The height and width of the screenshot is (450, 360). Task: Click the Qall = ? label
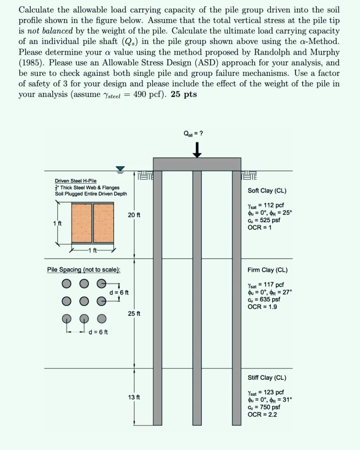193,134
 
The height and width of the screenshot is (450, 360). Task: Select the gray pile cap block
197,164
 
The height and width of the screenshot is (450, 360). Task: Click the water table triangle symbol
121,170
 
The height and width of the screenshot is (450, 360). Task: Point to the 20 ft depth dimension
134,215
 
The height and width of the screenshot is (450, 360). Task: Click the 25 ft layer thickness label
134,313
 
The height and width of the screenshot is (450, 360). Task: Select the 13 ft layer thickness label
134,397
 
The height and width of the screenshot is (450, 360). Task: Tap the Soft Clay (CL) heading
267,191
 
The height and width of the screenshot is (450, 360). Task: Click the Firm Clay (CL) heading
267,270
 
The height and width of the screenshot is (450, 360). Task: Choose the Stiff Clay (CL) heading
267,378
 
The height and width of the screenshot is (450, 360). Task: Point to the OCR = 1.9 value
262,307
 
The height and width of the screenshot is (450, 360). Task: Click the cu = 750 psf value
264,407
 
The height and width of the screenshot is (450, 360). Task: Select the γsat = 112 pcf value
266,205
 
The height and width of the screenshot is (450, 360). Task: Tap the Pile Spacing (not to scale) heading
84,270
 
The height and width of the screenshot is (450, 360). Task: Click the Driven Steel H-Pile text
76,181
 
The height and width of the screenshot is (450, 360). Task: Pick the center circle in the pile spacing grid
83,301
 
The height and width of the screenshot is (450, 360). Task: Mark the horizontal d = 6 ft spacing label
98,332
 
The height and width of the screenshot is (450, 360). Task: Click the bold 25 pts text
184,95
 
